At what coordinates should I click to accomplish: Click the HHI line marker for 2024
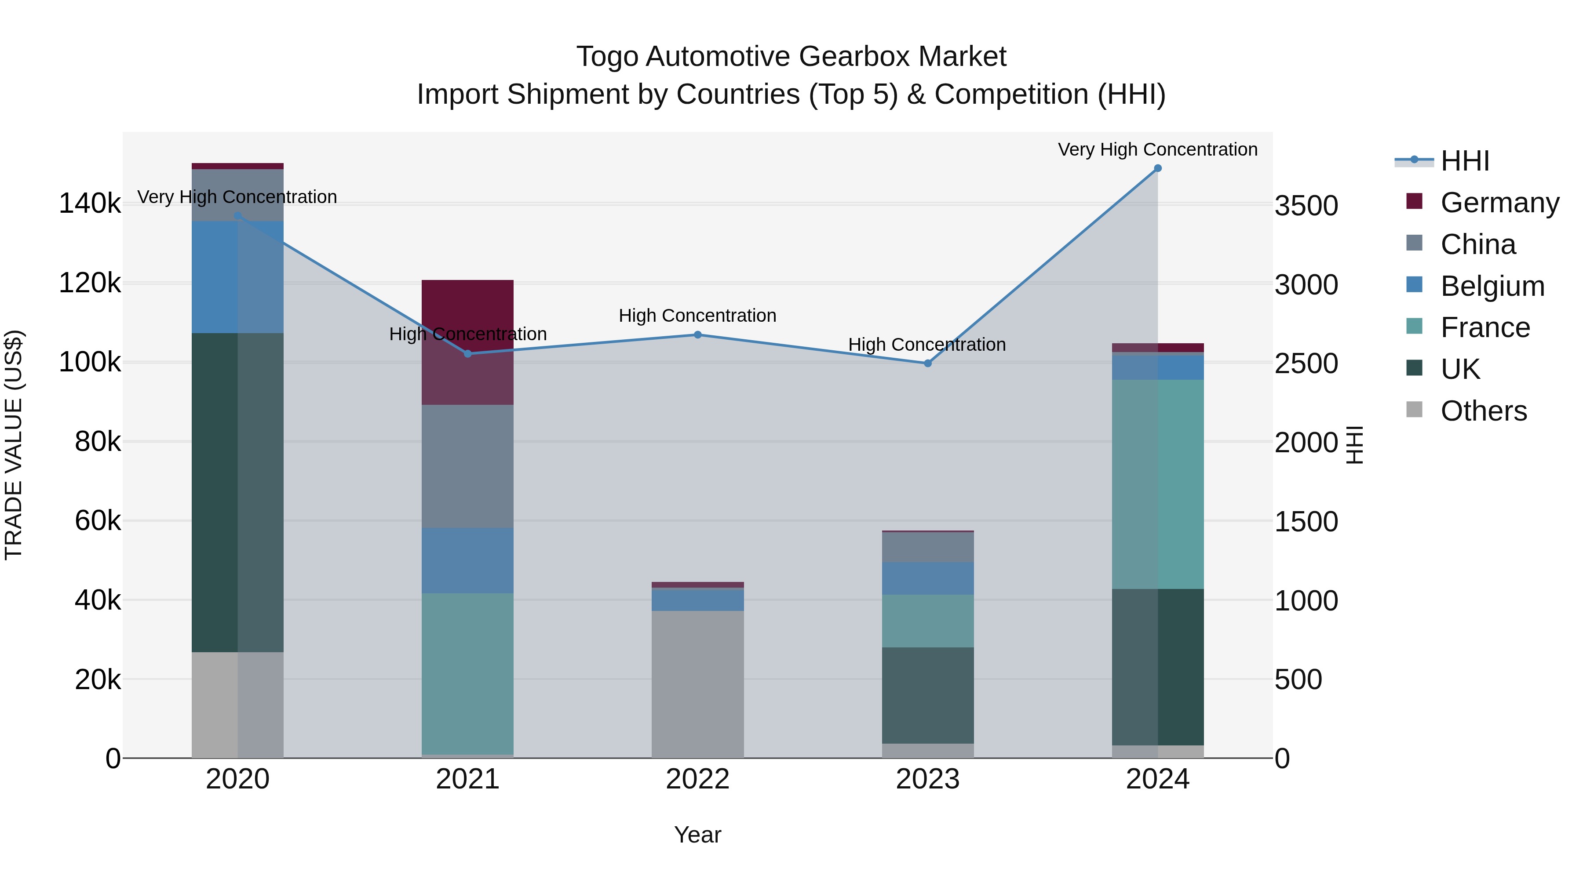1158,168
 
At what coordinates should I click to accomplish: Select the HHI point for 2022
697,335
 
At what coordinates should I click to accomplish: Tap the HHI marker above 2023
928,363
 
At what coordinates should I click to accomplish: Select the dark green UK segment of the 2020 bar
238,492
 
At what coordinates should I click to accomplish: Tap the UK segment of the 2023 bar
928,695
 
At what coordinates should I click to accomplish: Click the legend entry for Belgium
1492,286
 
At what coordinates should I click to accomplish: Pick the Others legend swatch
1415,410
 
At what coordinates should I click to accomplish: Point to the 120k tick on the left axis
90,283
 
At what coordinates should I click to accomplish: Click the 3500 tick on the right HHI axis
1306,205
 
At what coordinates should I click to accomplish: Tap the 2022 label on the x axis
697,779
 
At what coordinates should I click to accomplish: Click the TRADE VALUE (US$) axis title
14,445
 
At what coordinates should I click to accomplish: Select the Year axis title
697,835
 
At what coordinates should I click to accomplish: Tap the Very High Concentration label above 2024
1158,149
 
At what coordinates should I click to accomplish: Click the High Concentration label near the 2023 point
926,345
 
